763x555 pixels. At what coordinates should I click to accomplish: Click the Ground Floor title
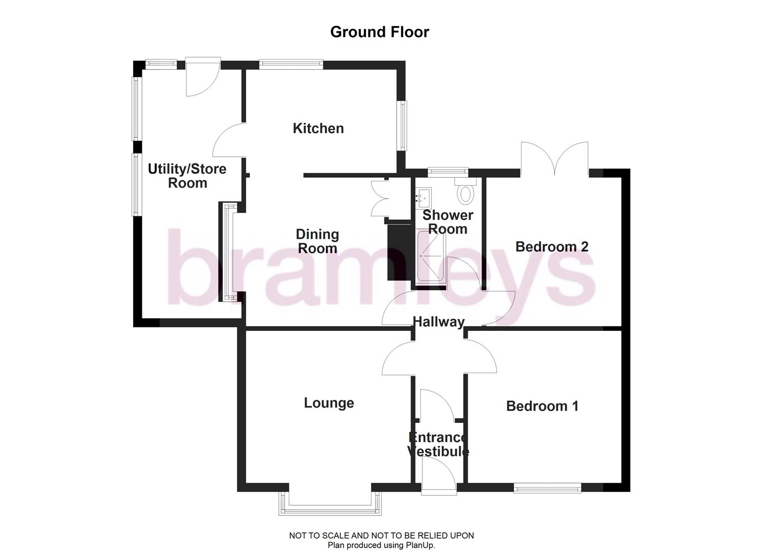(x=379, y=32)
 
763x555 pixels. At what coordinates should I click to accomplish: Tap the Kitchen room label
(x=318, y=128)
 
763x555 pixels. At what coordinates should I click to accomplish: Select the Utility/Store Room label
(x=187, y=176)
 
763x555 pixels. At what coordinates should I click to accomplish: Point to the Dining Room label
(x=318, y=242)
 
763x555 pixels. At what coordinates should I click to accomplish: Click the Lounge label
(x=329, y=403)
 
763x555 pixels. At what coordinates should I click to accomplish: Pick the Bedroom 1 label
(x=542, y=406)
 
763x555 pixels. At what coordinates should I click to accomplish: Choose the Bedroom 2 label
(x=551, y=247)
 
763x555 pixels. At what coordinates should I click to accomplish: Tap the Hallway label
(x=438, y=322)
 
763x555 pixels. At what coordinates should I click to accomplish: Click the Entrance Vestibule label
(x=438, y=445)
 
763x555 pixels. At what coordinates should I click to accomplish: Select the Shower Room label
(x=448, y=222)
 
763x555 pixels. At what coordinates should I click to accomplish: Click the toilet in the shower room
(x=466, y=192)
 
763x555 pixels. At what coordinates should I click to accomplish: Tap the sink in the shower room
(x=424, y=196)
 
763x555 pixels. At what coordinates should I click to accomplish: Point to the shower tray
(x=431, y=257)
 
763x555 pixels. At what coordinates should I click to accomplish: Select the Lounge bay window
(x=330, y=504)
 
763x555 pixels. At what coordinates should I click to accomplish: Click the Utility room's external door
(x=202, y=77)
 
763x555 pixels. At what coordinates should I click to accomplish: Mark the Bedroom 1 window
(x=547, y=488)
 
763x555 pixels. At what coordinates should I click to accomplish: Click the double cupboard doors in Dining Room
(x=381, y=197)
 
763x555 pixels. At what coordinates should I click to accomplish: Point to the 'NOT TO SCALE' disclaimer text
(x=381, y=535)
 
